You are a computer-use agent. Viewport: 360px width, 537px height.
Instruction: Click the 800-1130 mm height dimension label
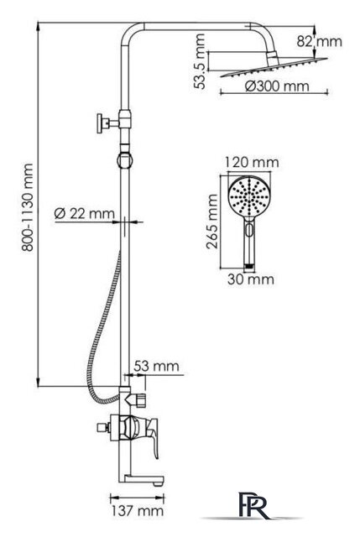28,207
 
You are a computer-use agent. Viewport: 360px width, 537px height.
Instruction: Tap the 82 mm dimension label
319,41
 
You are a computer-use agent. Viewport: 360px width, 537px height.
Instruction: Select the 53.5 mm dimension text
200,61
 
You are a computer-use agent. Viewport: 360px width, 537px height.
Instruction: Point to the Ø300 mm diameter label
277,86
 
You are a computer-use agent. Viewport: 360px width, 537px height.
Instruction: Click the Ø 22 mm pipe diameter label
84,214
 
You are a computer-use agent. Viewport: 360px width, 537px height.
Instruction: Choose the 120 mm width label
252,162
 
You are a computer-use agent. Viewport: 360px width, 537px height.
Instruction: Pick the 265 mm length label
212,222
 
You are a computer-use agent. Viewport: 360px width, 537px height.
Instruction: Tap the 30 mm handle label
251,279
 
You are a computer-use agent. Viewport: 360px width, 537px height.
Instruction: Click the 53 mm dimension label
156,366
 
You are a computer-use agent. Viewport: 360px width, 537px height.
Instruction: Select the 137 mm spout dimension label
137,511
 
